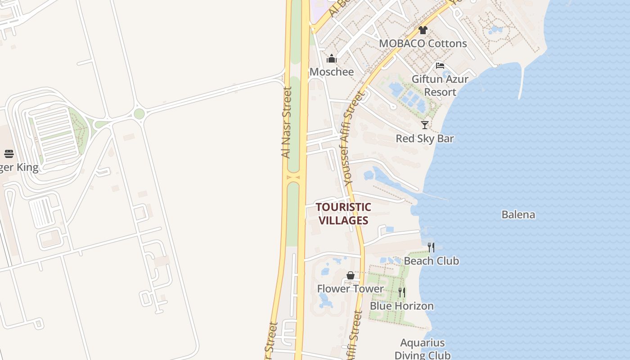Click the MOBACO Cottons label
(423, 43)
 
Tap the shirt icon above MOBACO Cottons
(423, 30)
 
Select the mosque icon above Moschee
(332, 58)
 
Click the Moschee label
(332, 72)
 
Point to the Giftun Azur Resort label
(440, 85)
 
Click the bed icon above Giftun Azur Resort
(440, 66)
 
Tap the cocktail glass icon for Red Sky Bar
(424, 125)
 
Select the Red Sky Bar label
(424, 138)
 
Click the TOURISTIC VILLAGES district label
(343, 214)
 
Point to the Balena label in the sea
(518, 214)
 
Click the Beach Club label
(431, 261)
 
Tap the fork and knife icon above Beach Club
(431, 247)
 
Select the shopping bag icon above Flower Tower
(351, 275)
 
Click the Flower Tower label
(351, 288)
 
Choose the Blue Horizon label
(401, 306)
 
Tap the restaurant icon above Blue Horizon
(401, 292)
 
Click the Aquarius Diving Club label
(422, 349)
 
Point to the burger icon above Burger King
(9, 154)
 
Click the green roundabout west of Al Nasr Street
(139, 113)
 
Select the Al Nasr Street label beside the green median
(286, 122)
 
